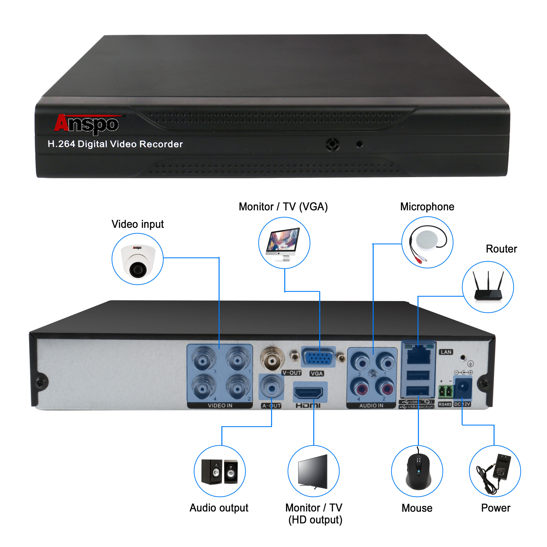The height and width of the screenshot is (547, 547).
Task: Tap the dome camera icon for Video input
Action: [x=138, y=259]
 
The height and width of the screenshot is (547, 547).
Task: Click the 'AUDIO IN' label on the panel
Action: [x=371, y=406]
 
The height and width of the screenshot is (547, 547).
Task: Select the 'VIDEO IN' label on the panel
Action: [x=220, y=406]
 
